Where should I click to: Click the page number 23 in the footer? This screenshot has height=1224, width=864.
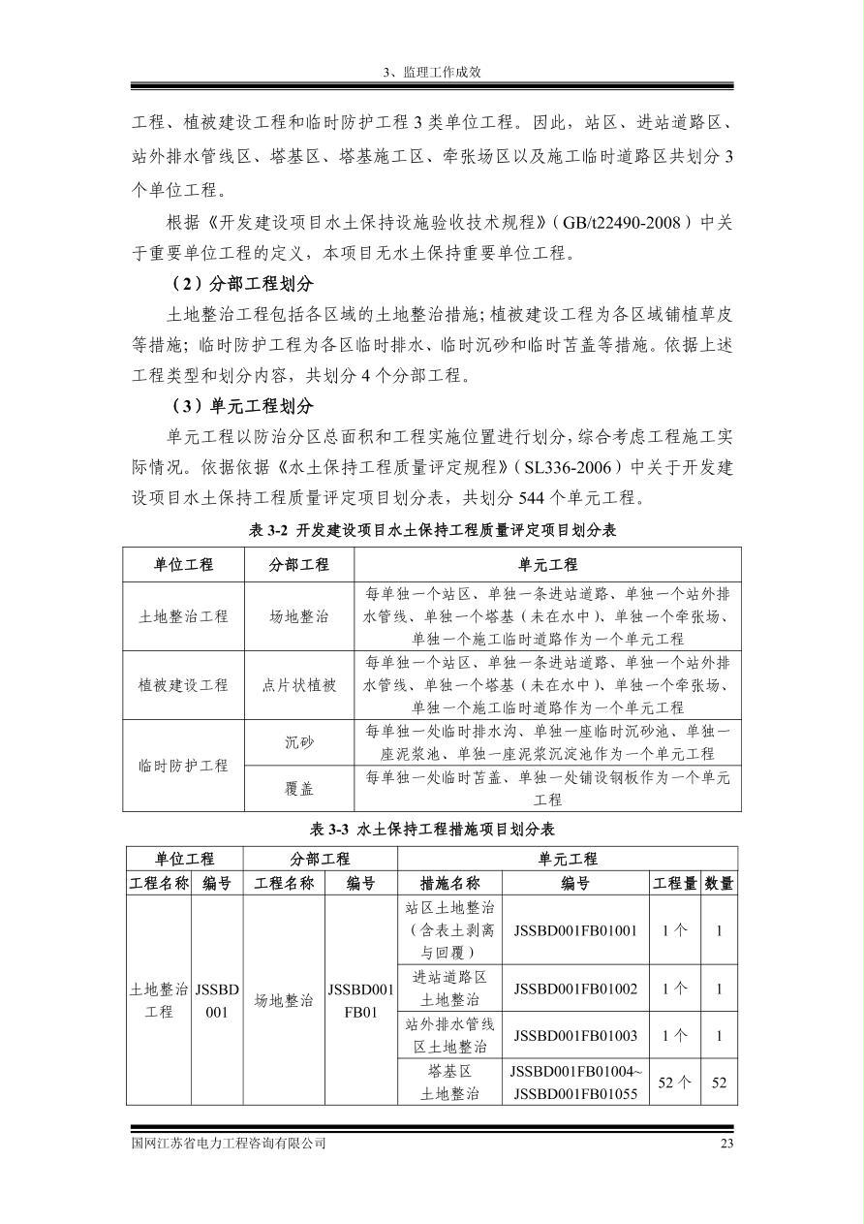tap(726, 1143)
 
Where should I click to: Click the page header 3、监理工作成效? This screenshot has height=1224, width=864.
tap(431, 72)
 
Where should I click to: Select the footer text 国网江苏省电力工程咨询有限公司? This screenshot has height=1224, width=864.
tap(229, 1143)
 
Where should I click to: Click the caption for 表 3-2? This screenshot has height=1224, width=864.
tap(432, 530)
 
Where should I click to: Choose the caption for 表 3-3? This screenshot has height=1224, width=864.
tap(432, 829)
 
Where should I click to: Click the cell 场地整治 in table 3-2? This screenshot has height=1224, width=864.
tap(299, 616)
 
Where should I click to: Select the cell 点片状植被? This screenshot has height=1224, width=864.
tap(299, 685)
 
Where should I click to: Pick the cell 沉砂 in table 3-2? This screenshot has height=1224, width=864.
tap(299, 742)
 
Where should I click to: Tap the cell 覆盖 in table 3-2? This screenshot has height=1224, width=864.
tap(299, 789)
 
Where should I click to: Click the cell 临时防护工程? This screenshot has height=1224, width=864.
tap(183, 766)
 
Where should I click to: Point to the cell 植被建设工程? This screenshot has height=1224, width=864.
tap(183, 685)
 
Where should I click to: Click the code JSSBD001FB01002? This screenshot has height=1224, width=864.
tap(575, 989)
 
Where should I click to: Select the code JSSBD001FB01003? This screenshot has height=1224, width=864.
tap(575, 1035)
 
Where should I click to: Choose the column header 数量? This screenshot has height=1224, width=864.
tap(719, 883)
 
